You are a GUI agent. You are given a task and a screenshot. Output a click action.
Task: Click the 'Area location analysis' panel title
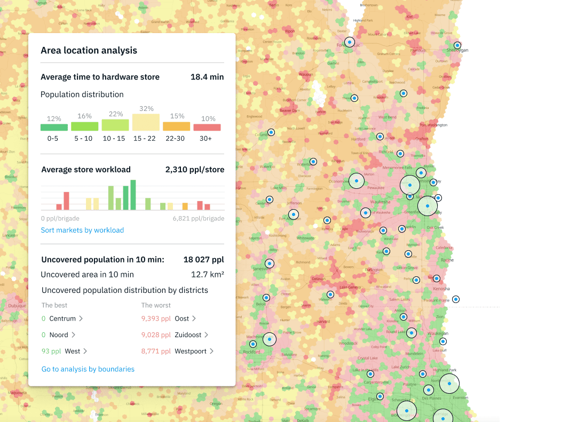coord(89,51)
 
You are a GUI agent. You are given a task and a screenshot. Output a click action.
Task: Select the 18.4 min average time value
coord(207,77)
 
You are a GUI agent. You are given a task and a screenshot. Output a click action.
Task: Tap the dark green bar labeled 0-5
coord(54,128)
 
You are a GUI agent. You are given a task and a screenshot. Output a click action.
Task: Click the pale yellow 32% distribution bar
coord(146,122)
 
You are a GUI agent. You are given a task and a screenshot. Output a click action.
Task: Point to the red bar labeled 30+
coord(207,128)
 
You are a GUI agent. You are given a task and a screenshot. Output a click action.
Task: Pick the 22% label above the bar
coord(115,114)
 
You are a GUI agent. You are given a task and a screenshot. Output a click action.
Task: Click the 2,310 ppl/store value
coord(194,170)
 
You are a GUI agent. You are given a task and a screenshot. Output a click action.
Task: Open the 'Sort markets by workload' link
coord(82,230)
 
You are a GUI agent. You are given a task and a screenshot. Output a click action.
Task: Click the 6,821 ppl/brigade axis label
coord(198,219)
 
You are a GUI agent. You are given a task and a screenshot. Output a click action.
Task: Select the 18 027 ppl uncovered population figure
coord(203,260)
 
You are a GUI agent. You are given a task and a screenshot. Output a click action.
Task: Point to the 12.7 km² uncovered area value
coord(207,275)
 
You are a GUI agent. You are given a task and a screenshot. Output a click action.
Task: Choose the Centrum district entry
coord(62,319)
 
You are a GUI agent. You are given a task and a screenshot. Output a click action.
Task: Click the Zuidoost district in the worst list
coord(187,335)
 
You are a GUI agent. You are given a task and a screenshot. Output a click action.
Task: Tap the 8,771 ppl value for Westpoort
coord(155,352)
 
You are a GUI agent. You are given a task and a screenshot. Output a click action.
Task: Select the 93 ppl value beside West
coord(51,352)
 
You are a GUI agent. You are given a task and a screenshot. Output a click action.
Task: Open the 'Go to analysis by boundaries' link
coord(88,369)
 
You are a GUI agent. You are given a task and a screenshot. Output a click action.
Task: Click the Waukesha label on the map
coord(381,202)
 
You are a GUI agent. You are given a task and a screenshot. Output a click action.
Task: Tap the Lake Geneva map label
coord(351,287)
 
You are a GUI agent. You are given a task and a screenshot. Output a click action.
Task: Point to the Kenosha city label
coord(442,289)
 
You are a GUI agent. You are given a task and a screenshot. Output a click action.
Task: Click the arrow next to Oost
coord(194,319)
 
